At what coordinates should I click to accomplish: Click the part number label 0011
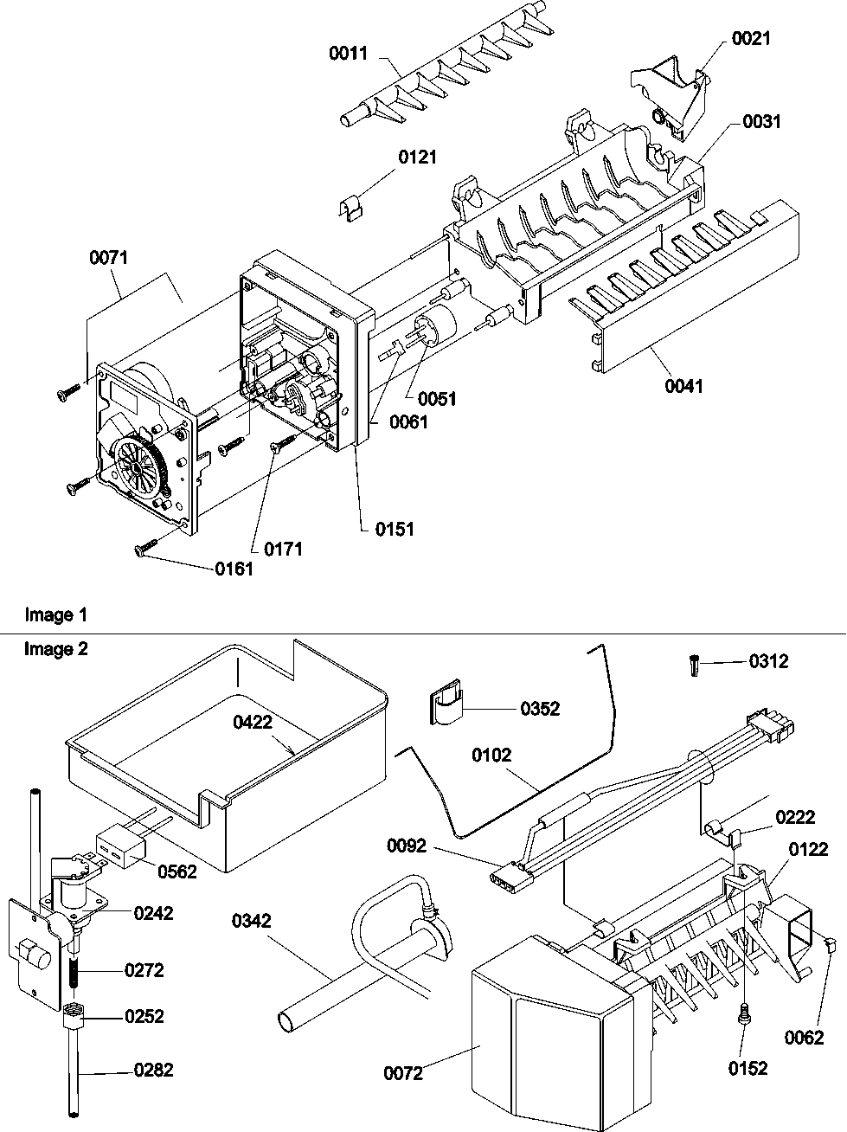point(348,54)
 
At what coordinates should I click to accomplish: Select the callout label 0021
point(750,38)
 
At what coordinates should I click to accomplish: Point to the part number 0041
point(683,386)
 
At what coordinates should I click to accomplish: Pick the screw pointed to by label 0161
point(144,549)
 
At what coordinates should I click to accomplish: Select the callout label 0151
point(395,530)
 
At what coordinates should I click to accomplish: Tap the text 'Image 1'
point(56,615)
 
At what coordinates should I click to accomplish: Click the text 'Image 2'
point(56,649)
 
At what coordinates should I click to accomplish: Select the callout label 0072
point(403,1073)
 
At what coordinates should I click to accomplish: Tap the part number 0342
point(251,921)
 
